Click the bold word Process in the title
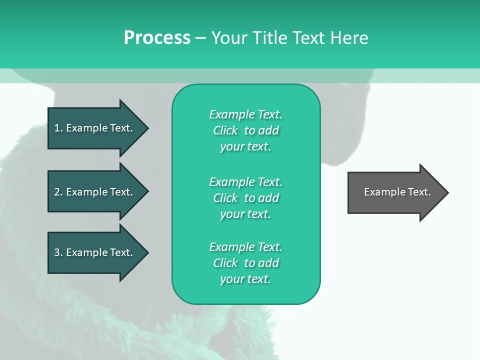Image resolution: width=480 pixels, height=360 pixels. tap(157, 38)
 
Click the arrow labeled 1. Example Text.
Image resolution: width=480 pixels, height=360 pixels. tap(93, 128)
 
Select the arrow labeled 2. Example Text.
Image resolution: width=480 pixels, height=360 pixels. tap(93, 192)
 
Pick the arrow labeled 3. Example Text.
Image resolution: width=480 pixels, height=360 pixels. tap(93, 252)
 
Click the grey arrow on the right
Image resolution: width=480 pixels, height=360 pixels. tap(395, 192)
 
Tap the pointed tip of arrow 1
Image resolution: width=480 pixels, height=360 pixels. tap(146, 128)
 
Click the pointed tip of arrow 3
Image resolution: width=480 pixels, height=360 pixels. tap(146, 252)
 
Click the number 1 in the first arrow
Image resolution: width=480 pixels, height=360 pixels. tap(57, 128)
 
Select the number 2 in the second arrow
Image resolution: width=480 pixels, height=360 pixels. tap(57, 192)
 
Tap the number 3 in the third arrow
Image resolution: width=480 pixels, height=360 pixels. tap(57, 252)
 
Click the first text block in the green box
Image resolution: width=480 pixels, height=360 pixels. tap(245, 130)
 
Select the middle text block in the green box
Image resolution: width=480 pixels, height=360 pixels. tap(245, 198)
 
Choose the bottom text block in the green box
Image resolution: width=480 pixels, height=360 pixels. tap(245, 263)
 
